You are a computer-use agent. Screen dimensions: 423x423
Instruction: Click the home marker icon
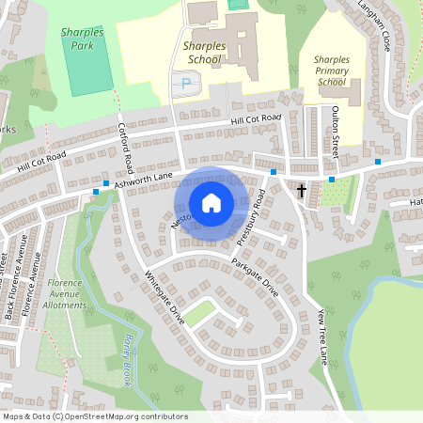[x=211, y=203]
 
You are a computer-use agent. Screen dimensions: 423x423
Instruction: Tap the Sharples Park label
[x=81, y=39]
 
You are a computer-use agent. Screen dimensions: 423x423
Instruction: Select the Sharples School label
[x=203, y=53]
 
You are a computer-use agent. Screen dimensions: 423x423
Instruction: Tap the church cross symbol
[x=302, y=191]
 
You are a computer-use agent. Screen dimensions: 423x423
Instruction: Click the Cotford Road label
[x=129, y=144]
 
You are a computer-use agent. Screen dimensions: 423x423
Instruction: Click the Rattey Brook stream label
[x=134, y=358]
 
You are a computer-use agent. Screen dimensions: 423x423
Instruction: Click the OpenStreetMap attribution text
[x=95, y=416]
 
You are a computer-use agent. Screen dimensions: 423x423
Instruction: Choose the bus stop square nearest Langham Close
[x=378, y=162]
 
